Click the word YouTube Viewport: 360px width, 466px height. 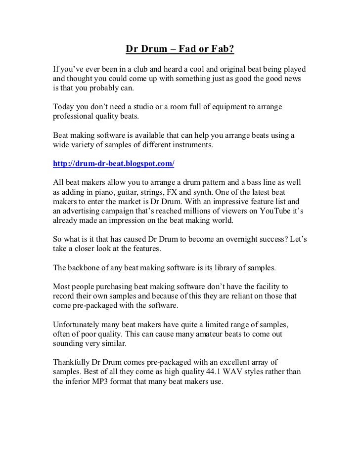(274, 211)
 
